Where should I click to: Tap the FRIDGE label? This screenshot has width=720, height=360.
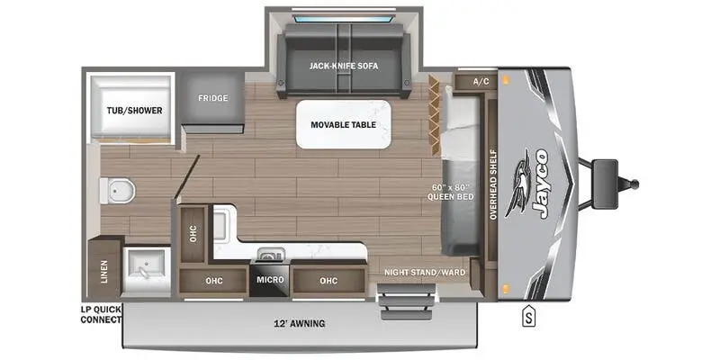pyautogui.click(x=213, y=98)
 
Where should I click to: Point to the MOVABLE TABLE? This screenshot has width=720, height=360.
pyautogui.click(x=345, y=124)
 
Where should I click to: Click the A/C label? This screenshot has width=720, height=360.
pyautogui.click(x=480, y=82)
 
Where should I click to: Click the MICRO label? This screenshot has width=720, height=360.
pyautogui.click(x=271, y=280)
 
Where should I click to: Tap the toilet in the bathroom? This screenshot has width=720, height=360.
pyautogui.click(x=118, y=190)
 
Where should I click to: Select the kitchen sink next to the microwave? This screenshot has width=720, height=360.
pyautogui.click(x=267, y=255)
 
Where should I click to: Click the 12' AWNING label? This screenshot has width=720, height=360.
pyautogui.click(x=301, y=323)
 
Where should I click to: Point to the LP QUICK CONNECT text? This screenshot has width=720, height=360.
pyautogui.click(x=99, y=314)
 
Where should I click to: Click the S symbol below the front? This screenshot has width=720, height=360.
pyautogui.click(x=529, y=315)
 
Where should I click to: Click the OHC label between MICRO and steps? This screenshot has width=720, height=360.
pyautogui.click(x=327, y=280)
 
